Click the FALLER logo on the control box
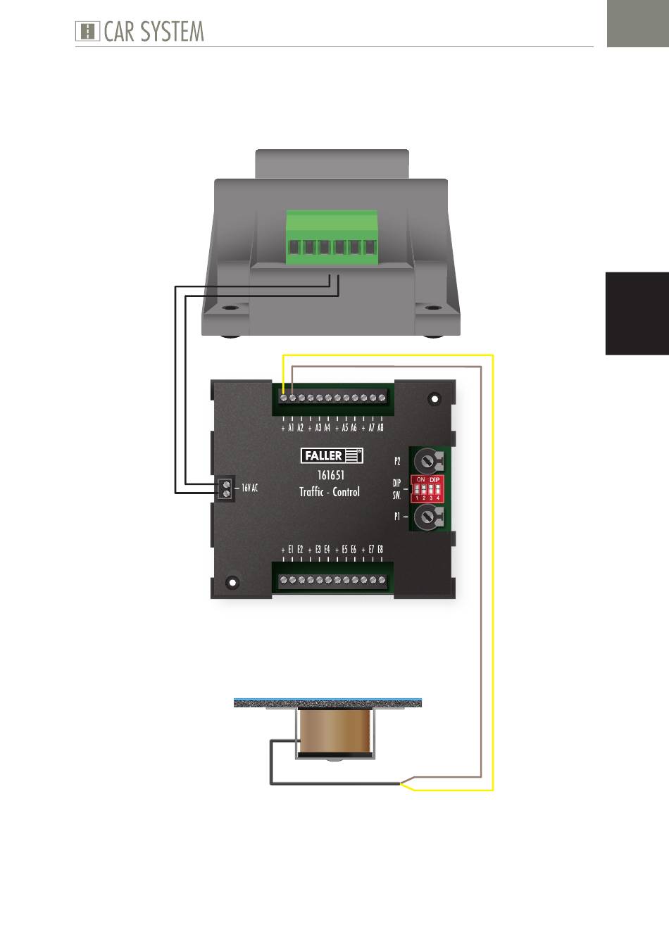(x=332, y=456)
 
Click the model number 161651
(x=331, y=475)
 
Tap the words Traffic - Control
(x=330, y=491)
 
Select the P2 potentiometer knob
(x=427, y=460)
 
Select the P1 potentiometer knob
(x=427, y=517)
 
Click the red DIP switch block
(x=427, y=488)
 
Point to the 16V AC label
(x=249, y=488)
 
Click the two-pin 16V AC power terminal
(x=225, y=488)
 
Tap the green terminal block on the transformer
(x=332, y=237)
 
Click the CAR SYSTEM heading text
(x=154, y=32)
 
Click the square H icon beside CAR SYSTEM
(x=87, y=32)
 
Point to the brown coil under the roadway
(x=334, y=732)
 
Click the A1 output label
(x=291, y=428)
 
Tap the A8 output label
(x=380, y=428)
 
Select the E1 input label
(x=291, y=550)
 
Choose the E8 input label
(x=380, y=550)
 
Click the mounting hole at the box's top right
(x=434, y=398)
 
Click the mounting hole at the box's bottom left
(x=232, y=582)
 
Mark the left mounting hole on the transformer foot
(x=230, y=308)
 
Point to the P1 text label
(x=396, y=517)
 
